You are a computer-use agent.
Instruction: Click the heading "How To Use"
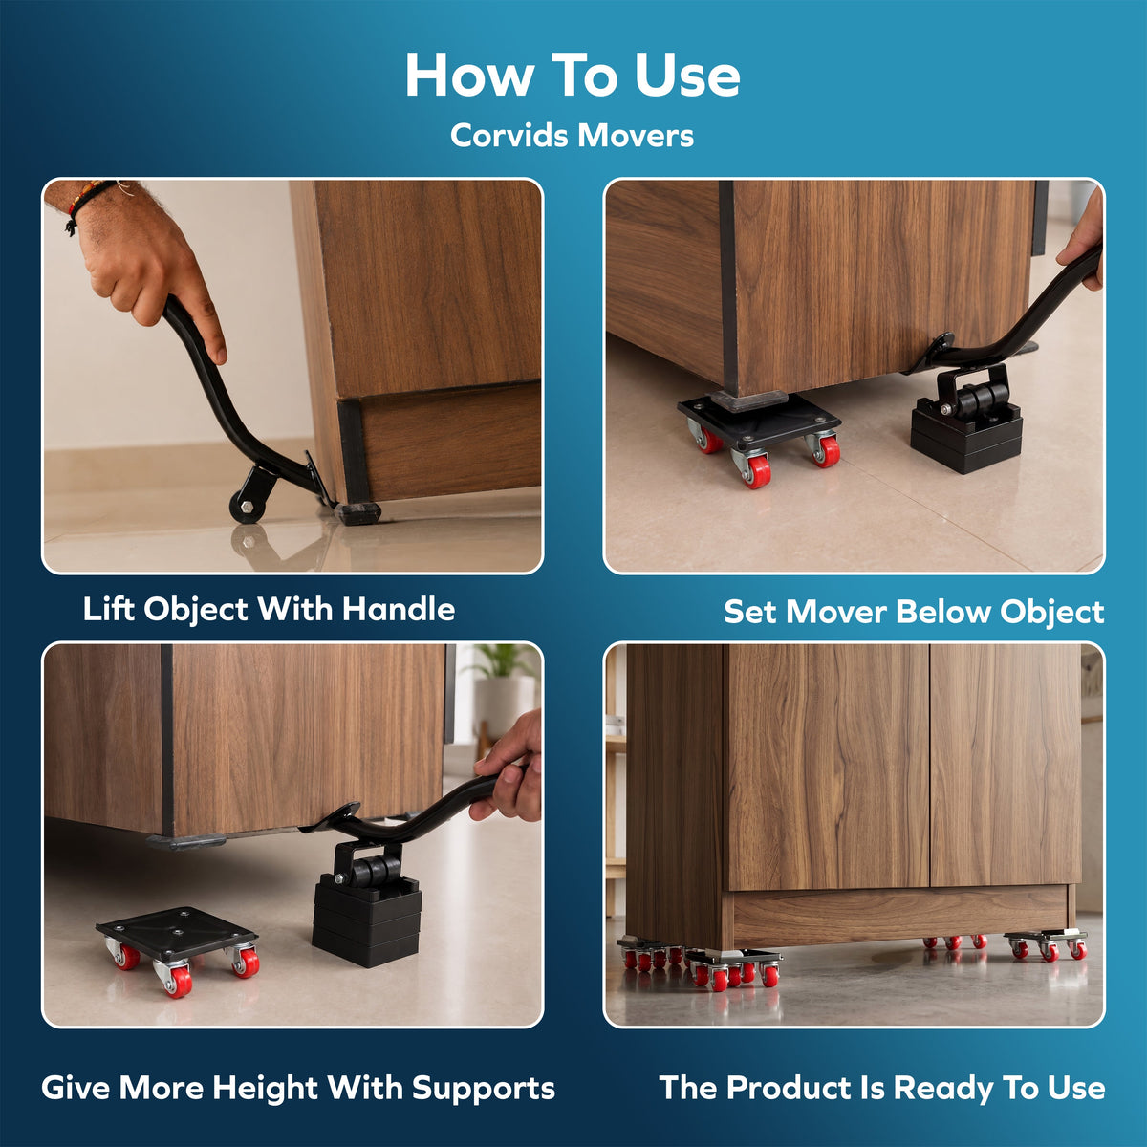(573, 75)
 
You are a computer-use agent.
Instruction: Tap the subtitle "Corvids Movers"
(572, 136)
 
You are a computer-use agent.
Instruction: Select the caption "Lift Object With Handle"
(269, 610)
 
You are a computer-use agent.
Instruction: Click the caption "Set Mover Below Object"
(914, 612)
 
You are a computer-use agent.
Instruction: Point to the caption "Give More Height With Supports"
(298, 1089)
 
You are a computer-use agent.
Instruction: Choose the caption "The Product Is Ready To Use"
(882, 1088)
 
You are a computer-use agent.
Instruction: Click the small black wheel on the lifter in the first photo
(246, 509)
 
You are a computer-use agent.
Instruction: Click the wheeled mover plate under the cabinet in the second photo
(760, 435)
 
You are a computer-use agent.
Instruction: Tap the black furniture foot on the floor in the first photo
(357, 512)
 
